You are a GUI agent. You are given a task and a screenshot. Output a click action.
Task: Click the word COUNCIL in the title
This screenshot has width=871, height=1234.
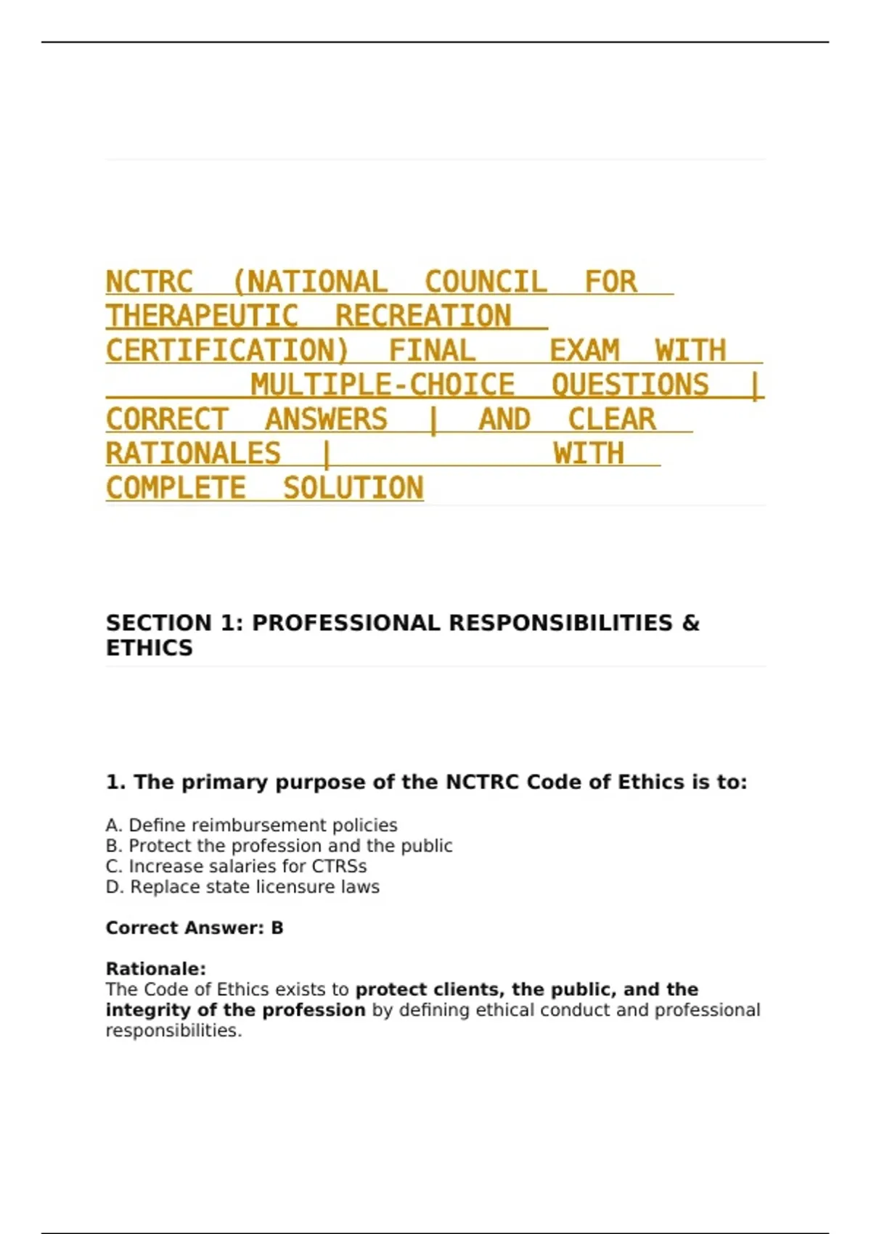point(485,282)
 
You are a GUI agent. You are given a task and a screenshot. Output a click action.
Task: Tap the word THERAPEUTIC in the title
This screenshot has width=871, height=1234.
point(202,316)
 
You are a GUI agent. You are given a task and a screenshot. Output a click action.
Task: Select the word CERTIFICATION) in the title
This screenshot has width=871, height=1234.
point(227,351)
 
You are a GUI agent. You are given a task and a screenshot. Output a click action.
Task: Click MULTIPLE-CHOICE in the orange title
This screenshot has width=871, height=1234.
point(383,385)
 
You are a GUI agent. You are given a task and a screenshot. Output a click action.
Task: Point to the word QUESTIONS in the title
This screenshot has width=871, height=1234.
point(629,385)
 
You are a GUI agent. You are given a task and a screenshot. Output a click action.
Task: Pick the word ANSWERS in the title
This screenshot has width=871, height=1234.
point(326,420)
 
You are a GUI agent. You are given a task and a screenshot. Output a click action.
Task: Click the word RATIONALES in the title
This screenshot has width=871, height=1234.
point(193,454)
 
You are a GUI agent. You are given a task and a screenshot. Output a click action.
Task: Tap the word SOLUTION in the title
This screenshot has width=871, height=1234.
point(353,488)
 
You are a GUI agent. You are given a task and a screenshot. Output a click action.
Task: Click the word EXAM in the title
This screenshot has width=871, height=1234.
point(584,351)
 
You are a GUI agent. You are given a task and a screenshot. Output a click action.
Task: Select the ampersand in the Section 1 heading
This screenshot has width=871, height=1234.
point(690,623)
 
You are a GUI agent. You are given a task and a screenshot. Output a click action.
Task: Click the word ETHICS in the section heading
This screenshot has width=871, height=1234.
point(150,647)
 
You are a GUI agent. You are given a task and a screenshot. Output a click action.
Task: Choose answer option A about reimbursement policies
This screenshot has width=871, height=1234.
point(251,825)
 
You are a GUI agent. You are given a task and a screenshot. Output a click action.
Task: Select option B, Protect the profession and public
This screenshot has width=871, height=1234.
point(279,846)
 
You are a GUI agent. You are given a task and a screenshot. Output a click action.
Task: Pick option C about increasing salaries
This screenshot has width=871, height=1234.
point(236,866)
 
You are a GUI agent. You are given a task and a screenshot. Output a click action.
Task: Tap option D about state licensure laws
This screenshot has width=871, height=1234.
point(242,886)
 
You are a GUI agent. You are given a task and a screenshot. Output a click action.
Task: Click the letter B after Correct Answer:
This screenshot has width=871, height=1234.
point(277,928)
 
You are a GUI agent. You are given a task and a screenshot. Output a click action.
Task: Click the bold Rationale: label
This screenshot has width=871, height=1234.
point(156,968)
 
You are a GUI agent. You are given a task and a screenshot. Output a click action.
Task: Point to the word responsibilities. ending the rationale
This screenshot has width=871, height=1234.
point(173,1030)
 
